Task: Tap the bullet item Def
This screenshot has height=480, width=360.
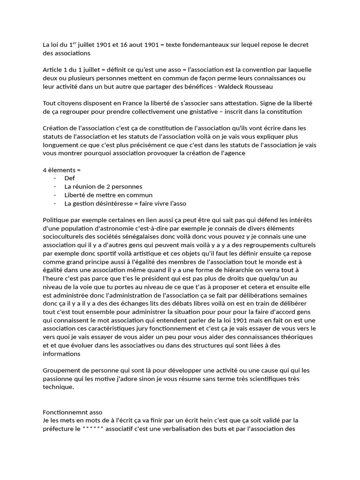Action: point(69,178)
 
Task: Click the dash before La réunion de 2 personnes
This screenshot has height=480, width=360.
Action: point(55,187)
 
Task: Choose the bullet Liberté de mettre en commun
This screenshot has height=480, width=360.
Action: point(108,195)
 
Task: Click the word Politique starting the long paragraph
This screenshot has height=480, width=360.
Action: point(56,220)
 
